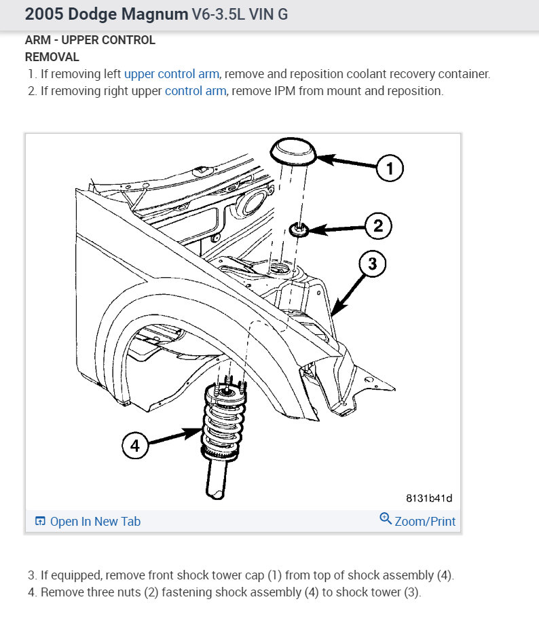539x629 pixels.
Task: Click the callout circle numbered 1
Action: tap(389, 168)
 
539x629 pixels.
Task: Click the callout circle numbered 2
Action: tap(379, 226)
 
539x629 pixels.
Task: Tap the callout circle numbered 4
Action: tap(135, 446)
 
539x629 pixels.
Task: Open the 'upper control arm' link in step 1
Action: tap(172, 74)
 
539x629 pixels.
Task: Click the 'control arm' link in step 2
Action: tap(196, 90)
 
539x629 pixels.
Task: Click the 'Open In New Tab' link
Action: tap(95, 521)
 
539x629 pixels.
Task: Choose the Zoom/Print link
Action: tap(425, 521)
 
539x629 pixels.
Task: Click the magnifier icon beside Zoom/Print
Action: tap(386, 520)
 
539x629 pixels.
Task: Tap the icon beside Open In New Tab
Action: tap(40, 522)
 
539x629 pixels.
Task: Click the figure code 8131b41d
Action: tap(429, 498)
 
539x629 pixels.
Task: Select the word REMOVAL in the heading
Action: tap(52, 57)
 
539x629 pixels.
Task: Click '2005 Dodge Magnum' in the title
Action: tap(107, 14)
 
